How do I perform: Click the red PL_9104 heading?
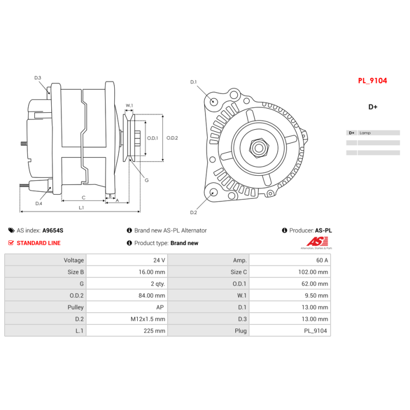click(372, 80)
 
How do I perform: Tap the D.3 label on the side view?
click(38, 78)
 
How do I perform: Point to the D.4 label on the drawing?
click(39, 203)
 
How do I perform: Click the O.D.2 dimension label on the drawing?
click(172, 138)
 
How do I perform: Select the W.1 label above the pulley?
click(129, 106)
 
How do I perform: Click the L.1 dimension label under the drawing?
click(81, 208)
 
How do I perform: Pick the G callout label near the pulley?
click(147, 180)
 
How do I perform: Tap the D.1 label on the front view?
click(194, 82)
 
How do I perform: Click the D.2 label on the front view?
click(194, 212)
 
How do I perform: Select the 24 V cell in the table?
click(159, 260)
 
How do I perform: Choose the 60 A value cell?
click(322, 260)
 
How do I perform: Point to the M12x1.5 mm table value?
click(148, 319)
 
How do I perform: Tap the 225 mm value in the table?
click(156, 331)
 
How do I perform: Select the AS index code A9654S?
click(53, 231)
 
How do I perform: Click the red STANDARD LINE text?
click(38, 243)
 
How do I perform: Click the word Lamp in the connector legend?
click(365, 133)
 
